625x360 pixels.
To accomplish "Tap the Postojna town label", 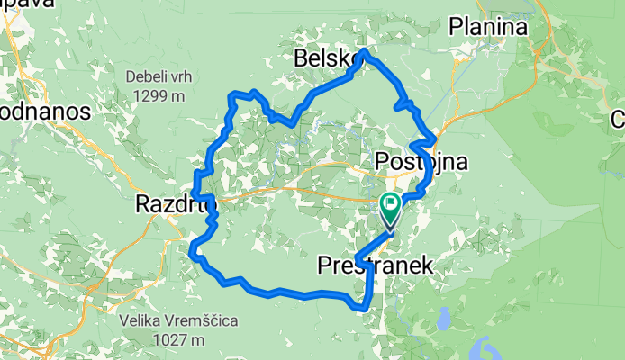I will [421, 163].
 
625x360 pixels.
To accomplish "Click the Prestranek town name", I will [375, 265].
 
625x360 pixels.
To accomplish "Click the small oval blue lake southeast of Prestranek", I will [443, 318].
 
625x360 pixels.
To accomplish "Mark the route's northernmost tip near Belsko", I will [362, 51].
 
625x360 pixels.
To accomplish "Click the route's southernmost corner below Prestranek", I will [363, 308].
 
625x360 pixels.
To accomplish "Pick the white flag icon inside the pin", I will [391, 204].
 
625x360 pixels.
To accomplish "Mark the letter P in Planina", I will [456, 27].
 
